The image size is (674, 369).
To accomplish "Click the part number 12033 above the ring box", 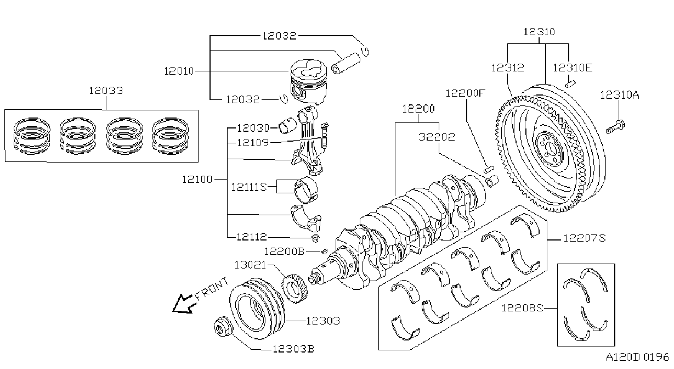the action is [x=106, y=91].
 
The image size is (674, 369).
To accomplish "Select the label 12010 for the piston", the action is [x=179, y=71].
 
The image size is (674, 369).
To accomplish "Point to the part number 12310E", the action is [x=573, y=68].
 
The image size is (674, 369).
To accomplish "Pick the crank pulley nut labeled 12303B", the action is [x=223, y=326].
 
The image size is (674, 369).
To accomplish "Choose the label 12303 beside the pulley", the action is [x=323, y=321].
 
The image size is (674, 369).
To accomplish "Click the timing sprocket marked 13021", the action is [x=295, y=288].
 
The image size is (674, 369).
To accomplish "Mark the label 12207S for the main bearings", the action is [x=584, y=238].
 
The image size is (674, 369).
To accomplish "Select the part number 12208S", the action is [x=522, y=308].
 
